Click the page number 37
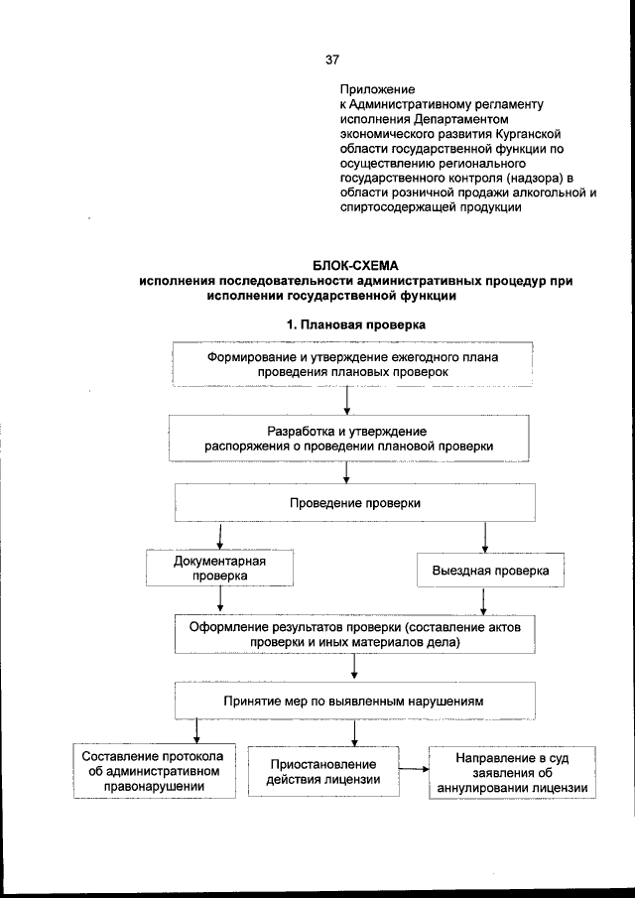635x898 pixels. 331,59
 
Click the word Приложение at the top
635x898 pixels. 373,88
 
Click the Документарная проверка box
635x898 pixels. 220,567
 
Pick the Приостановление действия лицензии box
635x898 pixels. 324,771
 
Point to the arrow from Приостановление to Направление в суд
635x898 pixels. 412,768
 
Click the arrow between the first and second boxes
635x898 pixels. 347,399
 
